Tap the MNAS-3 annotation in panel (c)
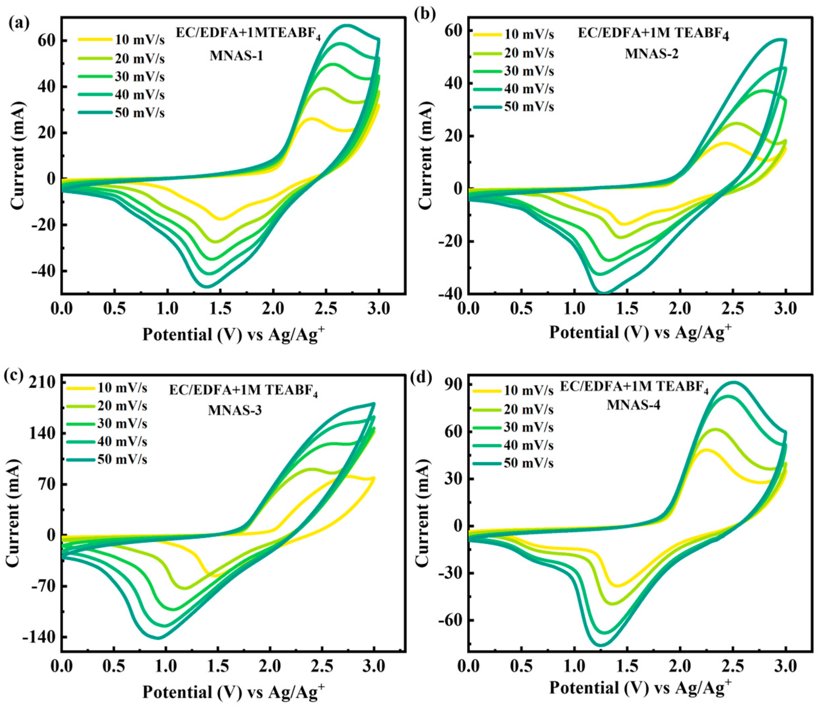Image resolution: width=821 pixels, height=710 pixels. point(235,411)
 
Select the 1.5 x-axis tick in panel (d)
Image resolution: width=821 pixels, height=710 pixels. point(627,667)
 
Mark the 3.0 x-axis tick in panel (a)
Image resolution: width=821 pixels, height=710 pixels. point(379,309)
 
